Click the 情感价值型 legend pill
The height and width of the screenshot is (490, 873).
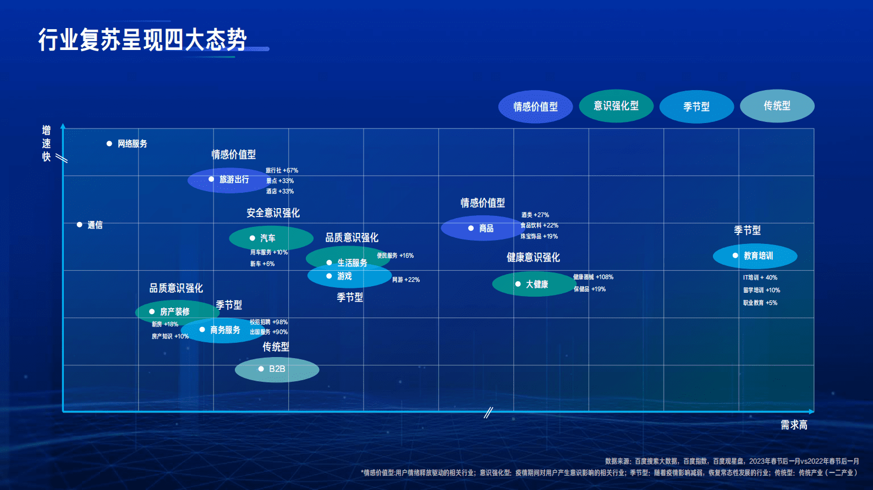(535, 107)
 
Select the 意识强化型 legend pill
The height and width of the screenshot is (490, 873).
(616, 106)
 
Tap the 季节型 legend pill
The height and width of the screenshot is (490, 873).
(696, 107)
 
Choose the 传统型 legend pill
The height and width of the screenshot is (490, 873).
(777, 106)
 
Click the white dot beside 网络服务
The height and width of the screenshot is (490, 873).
(109, 143)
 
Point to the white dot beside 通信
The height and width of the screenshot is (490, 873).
(80, 225)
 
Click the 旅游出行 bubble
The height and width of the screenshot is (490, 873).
(228, 180)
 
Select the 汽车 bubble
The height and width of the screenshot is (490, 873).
(271, 238)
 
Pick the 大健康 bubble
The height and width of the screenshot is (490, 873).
(534, 284)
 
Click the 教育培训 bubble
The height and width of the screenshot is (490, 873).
(755, 256)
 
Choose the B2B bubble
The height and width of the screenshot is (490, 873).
(277, 369)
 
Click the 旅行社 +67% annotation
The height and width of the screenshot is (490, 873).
(282, 170)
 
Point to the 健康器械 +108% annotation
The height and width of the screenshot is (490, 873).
(593, 277)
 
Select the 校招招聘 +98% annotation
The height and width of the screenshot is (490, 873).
(268, 322)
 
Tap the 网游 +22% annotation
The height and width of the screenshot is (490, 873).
(406, 280)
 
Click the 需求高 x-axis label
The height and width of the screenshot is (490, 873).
(794, 425)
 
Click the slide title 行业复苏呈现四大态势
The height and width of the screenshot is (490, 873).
(142, 40)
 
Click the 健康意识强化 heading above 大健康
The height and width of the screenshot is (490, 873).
(533, 257)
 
